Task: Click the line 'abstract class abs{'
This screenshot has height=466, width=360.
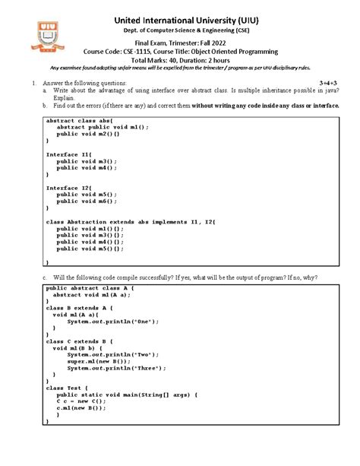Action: tap(79, 121)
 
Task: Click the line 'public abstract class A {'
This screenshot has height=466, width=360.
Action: tap(90, 289)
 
